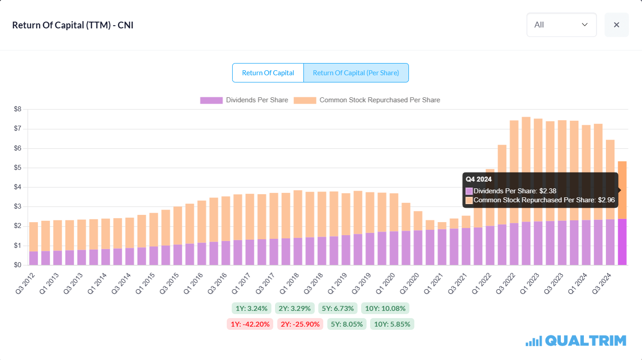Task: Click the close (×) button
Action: (x=616, y=25)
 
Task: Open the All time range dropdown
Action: (x=561, y=25)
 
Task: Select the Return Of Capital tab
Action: (x=268, y=73)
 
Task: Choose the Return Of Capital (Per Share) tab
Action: (x=356, y=73)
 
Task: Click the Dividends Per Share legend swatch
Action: (x=211, y=100)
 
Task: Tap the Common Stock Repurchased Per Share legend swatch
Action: (x=305, y=100)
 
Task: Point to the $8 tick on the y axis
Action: (x=18, y=109)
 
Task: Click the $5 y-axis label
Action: (x=18, y=168)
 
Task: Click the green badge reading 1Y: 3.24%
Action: (x=252, y=309)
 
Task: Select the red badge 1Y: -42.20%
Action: (x=250, y=324)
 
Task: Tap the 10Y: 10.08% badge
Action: (x=385, y=309)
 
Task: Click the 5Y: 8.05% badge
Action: (x=347, y=324)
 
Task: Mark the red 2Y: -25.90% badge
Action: (x=300, y=324)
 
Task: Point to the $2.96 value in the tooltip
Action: (x=605, y=200)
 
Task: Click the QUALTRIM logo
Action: (x=576, y=341)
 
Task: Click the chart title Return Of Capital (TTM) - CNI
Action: (x=73, y=25)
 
